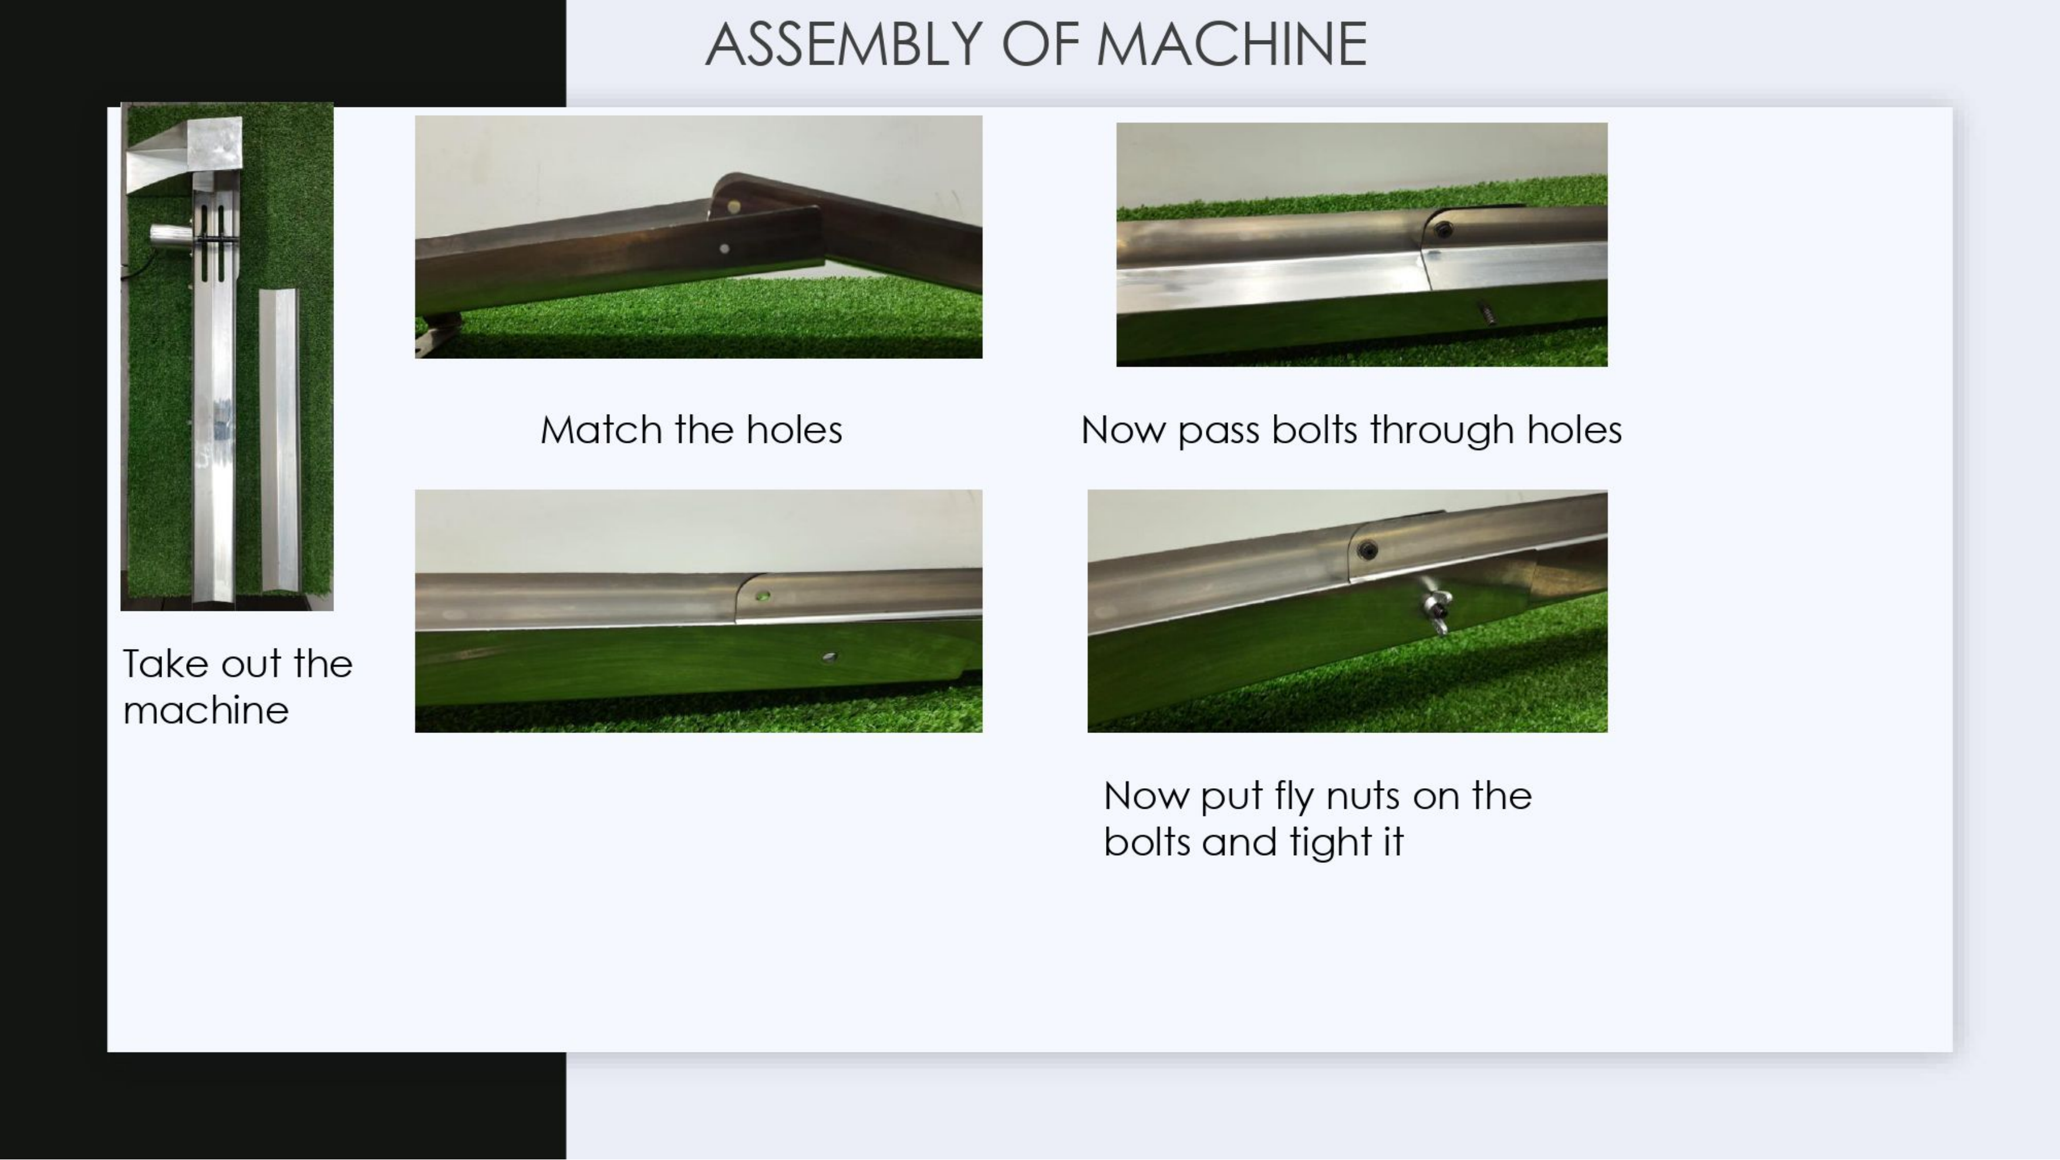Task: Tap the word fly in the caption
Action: click(1294, 797)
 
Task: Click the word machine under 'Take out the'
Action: click(205, 711)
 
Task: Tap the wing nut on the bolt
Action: click(1435, 611)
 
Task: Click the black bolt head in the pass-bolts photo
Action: click(1442, 230)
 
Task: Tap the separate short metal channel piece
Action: click(278, 441)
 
